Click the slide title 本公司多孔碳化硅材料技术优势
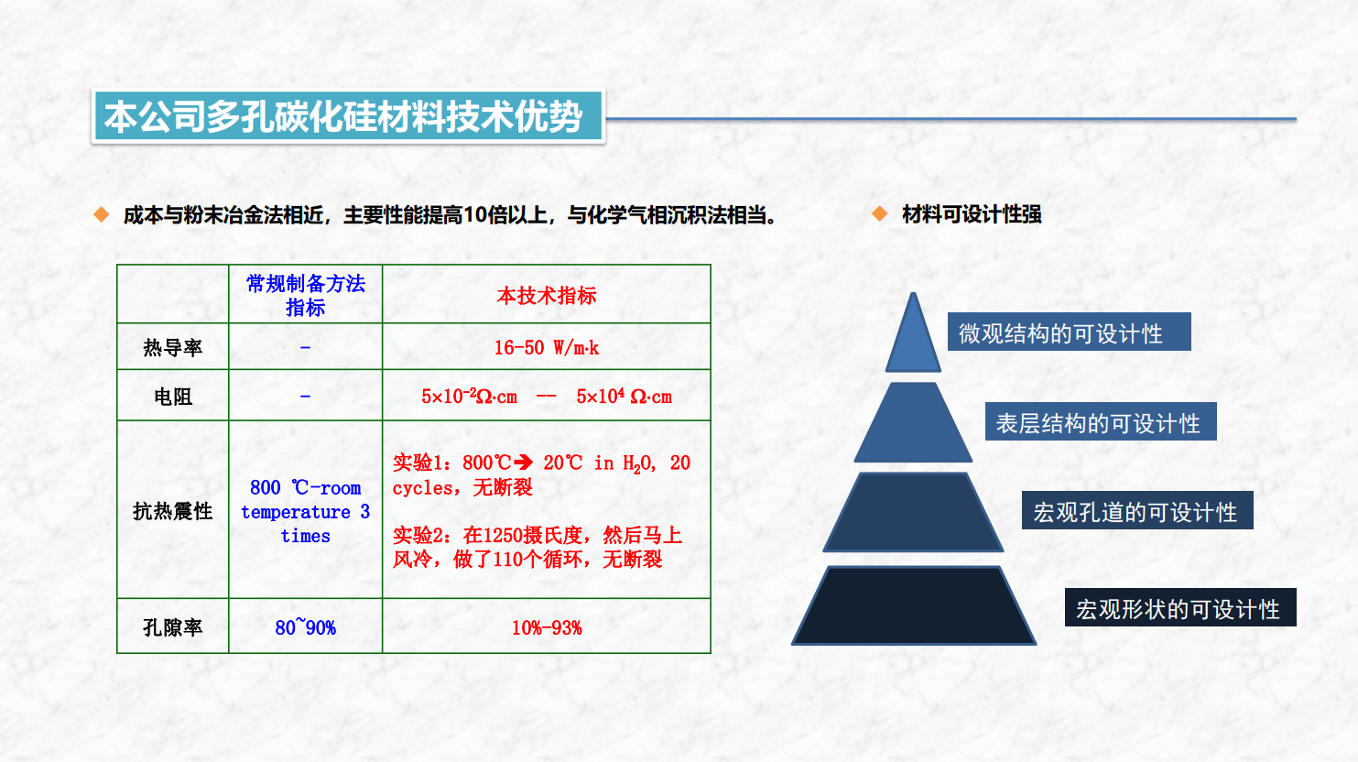(344, 117)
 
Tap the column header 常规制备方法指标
(305, 295)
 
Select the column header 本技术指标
(547, 296)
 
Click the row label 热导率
(172, 348)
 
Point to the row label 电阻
(172, 397)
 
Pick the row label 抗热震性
(172, 511)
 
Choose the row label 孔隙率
(172, 627)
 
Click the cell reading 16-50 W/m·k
(547, 348)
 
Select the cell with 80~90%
(305, 627)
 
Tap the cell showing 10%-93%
(547, 628)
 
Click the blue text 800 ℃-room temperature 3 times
(305, 511)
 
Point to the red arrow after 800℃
(524, 463)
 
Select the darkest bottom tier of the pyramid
(914, 606)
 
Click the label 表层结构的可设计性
(1100, 422)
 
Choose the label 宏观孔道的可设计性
(1136, 511)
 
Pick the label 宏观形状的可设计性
(1179, 608)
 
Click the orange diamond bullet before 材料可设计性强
(880, 214)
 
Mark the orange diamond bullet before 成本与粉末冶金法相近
(102, 215)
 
